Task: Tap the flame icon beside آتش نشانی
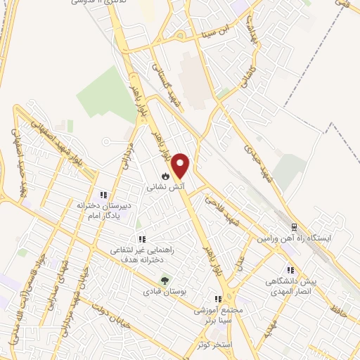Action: [165, 175]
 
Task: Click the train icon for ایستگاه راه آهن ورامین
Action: [295, 226]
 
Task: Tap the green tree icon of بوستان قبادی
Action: [165, 280]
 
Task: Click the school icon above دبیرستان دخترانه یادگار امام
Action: [103, 195]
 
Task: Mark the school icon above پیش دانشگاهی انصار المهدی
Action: [290, 270]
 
